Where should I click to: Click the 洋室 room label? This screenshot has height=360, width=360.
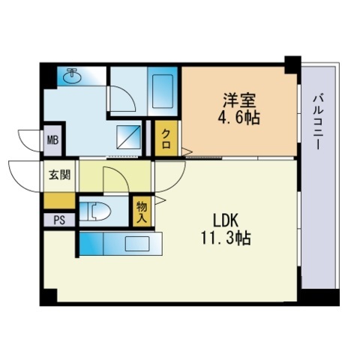[x=235, y=100]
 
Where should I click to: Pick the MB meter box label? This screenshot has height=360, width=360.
[x=52, y=139]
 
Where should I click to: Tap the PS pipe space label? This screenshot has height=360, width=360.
[x=58, y=220]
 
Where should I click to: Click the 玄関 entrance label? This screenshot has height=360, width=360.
[x=59, y=176]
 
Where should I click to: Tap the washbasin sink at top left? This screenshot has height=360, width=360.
[x=73, y=76]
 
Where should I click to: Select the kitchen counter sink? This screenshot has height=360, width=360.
[x=137, y=243]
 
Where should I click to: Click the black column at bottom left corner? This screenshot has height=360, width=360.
[x=48, y=296]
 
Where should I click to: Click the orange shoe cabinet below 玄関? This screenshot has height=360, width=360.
[x=59, y=200]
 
